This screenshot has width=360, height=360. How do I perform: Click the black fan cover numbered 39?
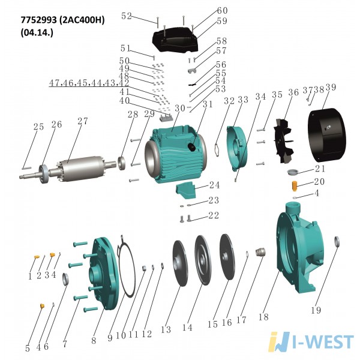tap(326, 136)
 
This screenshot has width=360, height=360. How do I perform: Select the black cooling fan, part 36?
tap(284, 140)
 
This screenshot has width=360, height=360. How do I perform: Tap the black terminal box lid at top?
tap(175, 40)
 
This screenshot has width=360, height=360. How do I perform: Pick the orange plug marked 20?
tap(294, 185)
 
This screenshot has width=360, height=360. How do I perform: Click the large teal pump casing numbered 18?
tap(300, 248)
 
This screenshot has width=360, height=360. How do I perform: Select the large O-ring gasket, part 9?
tap(125, 266)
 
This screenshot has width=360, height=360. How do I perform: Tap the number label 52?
tap(126, 16)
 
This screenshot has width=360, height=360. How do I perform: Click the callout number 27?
tap(82, 121)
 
